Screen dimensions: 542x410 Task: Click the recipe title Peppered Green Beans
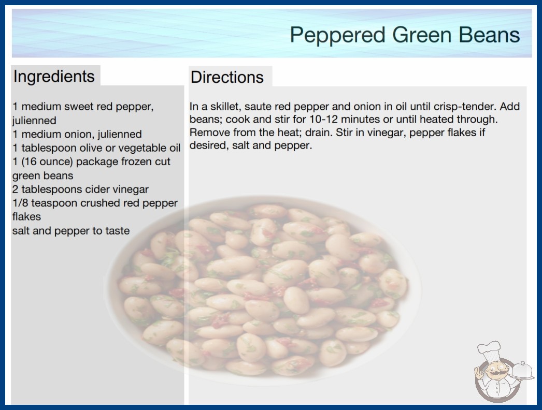(x=405, y=35)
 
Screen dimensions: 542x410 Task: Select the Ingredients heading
(x=53, y=77)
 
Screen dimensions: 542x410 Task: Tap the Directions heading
(x=227, y=77)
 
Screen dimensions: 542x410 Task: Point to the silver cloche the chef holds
(x=522, y=371)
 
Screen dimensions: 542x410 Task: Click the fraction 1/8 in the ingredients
(x=20, y=203)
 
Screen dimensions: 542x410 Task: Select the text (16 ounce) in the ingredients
(x=47, y=162)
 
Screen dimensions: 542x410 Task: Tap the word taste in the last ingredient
(x=117, y=231)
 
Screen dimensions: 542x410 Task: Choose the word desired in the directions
(x=209, y=145)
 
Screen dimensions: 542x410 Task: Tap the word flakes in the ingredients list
(x=26, y=216)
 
